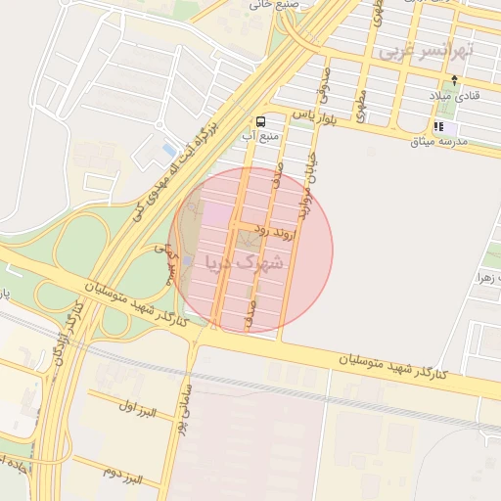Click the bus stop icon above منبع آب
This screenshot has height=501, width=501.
260,122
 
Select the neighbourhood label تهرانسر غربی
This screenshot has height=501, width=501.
427,50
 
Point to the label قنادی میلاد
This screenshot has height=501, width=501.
452,96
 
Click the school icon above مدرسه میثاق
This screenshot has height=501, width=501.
439,126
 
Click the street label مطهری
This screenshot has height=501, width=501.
361,105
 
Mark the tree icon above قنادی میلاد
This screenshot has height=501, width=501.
453,79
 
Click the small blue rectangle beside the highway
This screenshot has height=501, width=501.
168,150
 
